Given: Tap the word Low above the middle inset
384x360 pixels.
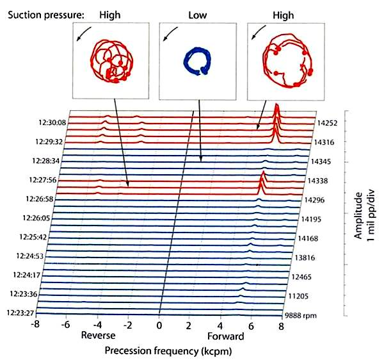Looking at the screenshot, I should pos(198,12).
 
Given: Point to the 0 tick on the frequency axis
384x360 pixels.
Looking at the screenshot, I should pos(159,325).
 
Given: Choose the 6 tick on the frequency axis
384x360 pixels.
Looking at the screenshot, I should pos(251,325).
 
